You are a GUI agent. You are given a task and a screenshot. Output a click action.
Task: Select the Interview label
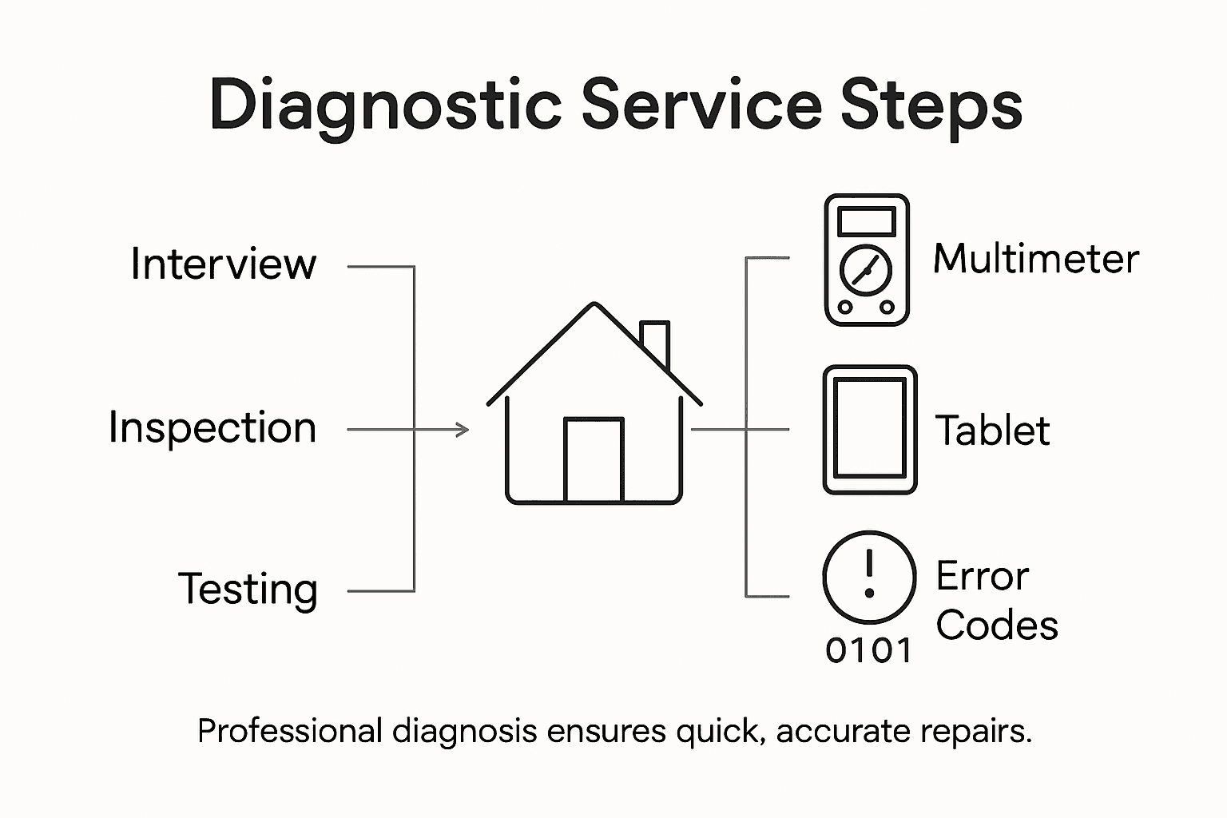click(x=224, y=264)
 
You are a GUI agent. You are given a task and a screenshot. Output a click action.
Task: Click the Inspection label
click(x=212, y=427)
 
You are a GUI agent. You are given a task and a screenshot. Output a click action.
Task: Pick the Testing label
click(x=248, y=590)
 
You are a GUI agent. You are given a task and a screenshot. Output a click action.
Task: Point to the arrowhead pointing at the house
click(x=463, y=430)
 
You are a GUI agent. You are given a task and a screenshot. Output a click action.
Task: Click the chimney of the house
click(x=655, y=342)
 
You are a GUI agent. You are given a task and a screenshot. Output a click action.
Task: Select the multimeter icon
click(x=867, y=260)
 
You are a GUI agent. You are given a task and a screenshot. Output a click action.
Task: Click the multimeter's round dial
click(x=866, y=272)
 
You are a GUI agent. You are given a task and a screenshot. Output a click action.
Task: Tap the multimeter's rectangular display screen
click(x=867, y=220)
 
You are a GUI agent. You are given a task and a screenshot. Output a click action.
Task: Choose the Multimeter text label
click(x=1036, y=260)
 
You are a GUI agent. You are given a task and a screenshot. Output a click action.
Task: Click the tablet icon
click(x=869, y=430)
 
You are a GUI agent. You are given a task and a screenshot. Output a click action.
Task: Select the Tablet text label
click(x=992, y=431)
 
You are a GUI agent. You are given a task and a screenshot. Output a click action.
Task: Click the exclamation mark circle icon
click(x=869, y=577)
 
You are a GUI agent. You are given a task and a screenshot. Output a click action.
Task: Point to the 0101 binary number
click(x=869, y=651)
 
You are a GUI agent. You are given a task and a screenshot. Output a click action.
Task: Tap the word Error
click(x=983, y=576)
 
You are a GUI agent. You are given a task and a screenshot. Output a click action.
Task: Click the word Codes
click(x=997, y=625)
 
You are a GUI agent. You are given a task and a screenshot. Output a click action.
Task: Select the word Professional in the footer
click(x=290, y=731)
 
